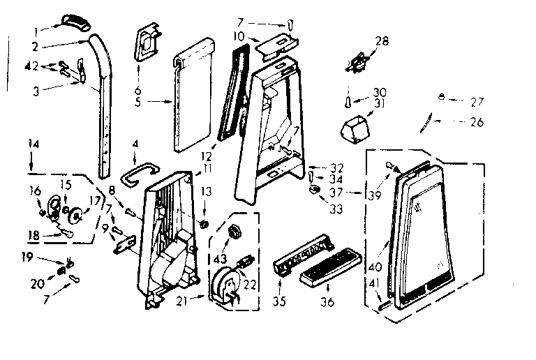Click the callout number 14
point(32,144)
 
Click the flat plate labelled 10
point(274,46)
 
